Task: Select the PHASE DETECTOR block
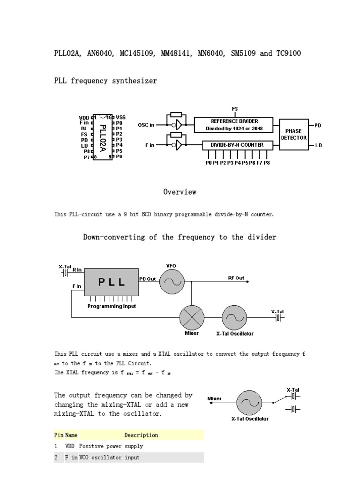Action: (x=294, y=134)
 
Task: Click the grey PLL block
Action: (x=111, y=282)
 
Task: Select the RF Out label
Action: (x=236, y=278)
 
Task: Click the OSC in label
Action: (x=146, y=125)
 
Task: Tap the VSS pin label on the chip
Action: (x=120, y=117)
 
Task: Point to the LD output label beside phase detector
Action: (x=319, y=146)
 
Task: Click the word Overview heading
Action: (x=180, y=192)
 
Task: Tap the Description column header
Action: (x=141, y=435)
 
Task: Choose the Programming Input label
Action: (x=112, y=306)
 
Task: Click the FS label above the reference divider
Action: (x=235, y=109)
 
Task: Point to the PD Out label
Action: (x=147, y=279)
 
